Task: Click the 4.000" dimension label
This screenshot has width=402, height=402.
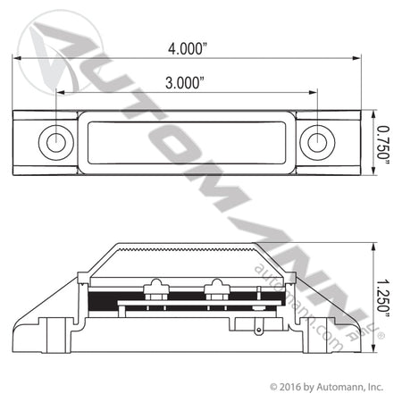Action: tap(188, 48)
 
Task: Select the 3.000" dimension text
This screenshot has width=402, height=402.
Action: tap(185, 82)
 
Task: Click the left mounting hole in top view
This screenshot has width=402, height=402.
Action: tap(56, 142)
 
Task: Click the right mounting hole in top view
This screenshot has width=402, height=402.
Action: tap(317, 142)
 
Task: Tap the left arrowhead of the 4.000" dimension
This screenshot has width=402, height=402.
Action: tap(17, 58)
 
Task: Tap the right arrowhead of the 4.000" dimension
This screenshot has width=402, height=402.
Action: tap(356, 58)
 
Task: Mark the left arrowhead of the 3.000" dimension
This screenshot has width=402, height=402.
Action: tap(61, 92)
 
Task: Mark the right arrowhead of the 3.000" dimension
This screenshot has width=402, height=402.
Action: tap(313, 92)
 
